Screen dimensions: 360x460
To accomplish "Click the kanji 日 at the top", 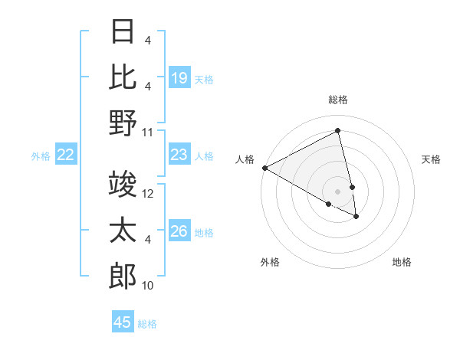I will (123, 33).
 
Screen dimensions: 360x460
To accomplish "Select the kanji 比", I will (123, 77).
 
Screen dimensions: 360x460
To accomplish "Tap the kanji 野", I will (123, 122).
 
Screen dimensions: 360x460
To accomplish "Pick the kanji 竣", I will (123, 184).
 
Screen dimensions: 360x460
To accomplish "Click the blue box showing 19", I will (179, 78).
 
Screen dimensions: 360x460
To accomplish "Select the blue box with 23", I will (179, 155).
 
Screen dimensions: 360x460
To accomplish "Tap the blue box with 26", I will (179, 232).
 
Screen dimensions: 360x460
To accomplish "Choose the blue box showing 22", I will (66, 155).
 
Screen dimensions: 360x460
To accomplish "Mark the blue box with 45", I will (123, 322).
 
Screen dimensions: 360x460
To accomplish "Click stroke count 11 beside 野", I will (148, 132).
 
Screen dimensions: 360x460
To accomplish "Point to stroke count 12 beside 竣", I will (148, 194).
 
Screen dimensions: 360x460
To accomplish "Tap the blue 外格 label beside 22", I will (41, 156).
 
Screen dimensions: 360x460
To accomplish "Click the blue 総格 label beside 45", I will (147, 324).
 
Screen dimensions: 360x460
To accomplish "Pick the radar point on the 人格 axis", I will (264, 168).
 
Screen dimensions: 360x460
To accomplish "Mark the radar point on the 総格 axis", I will (338, 131).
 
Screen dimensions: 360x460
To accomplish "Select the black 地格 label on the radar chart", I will (402, 262).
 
